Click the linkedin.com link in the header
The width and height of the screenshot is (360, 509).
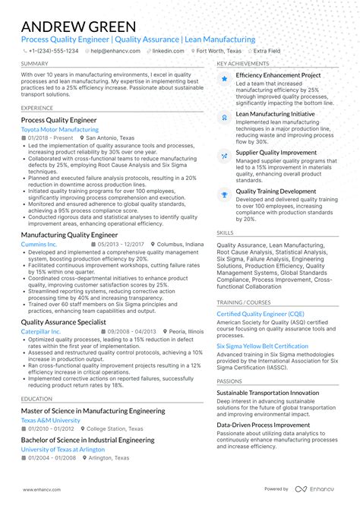tap(168, 51)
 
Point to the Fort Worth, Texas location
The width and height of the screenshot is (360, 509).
tap(220, 51)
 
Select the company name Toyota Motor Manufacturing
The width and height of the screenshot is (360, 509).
tap(59, 130)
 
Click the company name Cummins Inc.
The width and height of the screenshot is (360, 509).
tap(39, 245)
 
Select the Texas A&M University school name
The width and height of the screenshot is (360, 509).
tap(50, 420)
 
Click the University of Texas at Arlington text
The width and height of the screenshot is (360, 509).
tap(64, 449)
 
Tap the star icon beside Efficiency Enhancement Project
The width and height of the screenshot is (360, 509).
tap(224, 77)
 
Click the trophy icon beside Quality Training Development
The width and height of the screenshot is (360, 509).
tap(224, 194)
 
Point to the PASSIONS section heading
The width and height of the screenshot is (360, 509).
tap(229, 381)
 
